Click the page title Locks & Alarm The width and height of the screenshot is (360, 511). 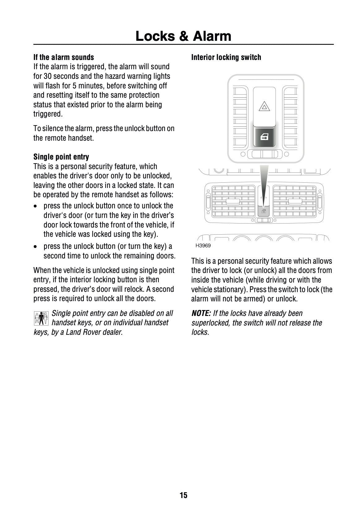[183, 36]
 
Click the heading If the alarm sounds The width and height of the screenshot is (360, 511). [63, 57]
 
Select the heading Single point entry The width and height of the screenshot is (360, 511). [61, 157]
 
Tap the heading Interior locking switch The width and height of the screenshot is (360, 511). [226, 57]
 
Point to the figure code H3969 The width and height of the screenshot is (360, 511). [203, 246]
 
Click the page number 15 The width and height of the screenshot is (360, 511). [183, 495]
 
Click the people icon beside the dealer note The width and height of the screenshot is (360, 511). [41, 318]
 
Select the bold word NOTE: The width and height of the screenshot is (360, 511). [201, 313]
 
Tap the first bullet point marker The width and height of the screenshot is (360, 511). [37, 206]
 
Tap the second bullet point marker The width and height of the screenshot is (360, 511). [37, 247]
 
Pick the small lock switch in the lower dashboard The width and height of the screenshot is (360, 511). [263, 212]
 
